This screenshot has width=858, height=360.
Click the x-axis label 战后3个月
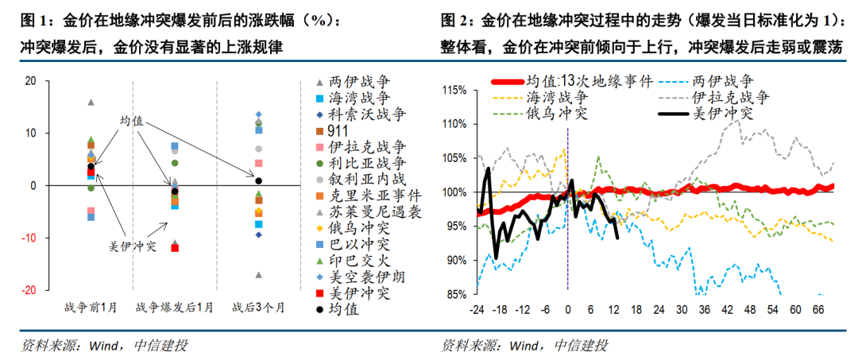click(257, 307)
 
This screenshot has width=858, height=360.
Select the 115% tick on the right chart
click(455, 91)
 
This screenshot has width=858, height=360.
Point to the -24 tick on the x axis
click(477, 309)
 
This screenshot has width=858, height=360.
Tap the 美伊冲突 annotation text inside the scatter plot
click(132, 246)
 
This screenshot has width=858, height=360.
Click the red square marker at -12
click(175, 248)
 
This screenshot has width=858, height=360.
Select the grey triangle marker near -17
click(258, 275)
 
